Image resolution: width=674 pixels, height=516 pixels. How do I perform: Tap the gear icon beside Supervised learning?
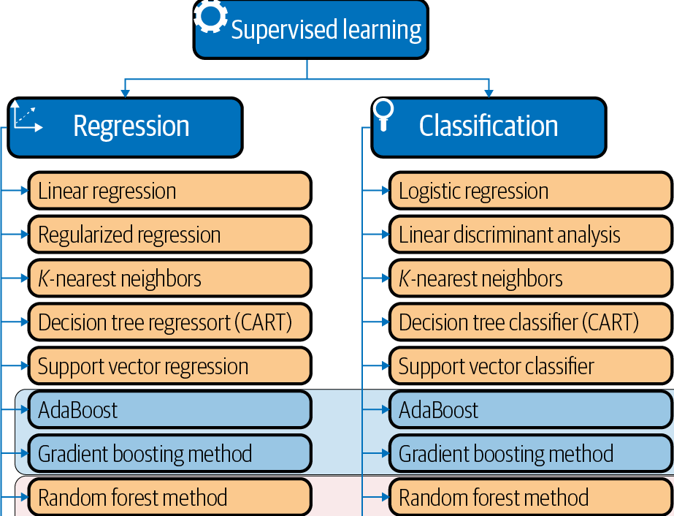211,16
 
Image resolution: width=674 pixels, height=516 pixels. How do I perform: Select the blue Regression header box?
125,127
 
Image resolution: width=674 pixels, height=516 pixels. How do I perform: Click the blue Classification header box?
489,127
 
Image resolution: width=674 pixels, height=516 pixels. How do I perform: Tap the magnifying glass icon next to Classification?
383,113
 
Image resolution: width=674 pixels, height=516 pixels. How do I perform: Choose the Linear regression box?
169,191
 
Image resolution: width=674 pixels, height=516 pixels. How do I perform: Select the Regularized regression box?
169,235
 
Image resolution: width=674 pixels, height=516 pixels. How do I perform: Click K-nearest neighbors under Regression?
169,278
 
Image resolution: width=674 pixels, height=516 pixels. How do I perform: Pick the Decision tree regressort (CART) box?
169,322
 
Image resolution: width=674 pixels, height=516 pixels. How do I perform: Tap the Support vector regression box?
169,366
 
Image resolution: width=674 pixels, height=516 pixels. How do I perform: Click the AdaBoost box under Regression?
169,410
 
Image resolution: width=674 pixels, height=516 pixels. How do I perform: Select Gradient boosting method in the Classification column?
529,454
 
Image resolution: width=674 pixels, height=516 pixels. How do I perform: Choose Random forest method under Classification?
529,498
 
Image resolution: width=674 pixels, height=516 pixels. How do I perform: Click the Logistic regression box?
529,191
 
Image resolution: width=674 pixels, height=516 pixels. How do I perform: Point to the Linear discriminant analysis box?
529,235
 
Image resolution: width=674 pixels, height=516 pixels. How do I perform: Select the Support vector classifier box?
529,366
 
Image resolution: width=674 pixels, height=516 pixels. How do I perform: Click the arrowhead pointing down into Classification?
489,93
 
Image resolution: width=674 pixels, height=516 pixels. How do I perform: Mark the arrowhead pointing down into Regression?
125,93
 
